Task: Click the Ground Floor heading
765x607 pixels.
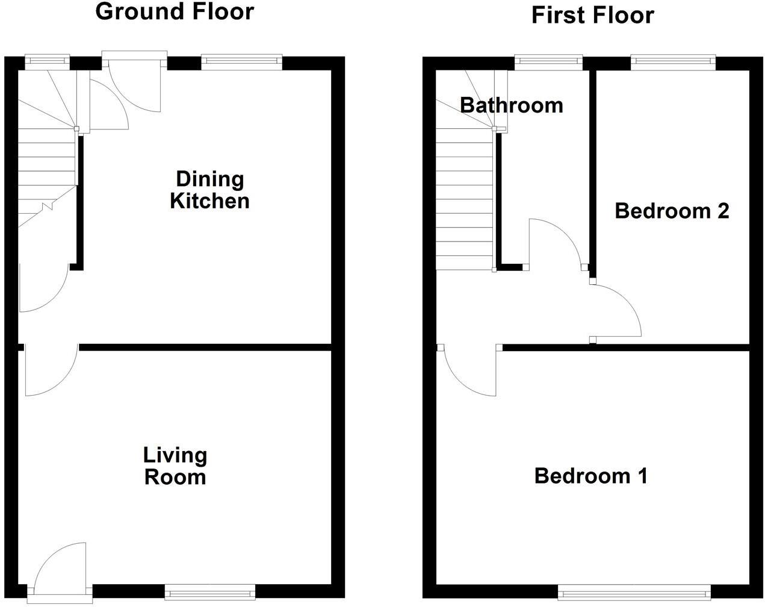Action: click(x=175, y=11)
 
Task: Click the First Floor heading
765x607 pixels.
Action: click(x=592, y=15)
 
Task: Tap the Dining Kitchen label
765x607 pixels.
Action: click(x=209, y=190)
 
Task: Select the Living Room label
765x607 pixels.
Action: click(x=175, y=465)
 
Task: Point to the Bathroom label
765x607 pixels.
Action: click(x=512, y=105)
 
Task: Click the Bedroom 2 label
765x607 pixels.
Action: click(x=672, y=211)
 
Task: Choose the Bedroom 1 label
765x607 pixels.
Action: click(x=590, y=476)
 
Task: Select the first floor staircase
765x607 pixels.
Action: click(x=465, y=199)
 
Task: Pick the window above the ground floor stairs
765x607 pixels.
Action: click(x=47, y=60)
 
